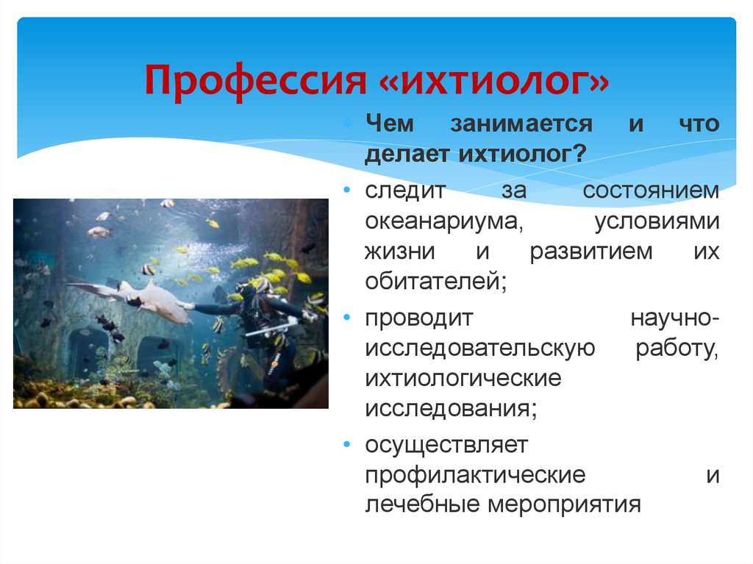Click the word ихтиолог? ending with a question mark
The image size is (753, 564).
[523, 154]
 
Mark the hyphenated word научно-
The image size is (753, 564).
[674, 318]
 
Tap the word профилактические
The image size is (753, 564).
[475, 474]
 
